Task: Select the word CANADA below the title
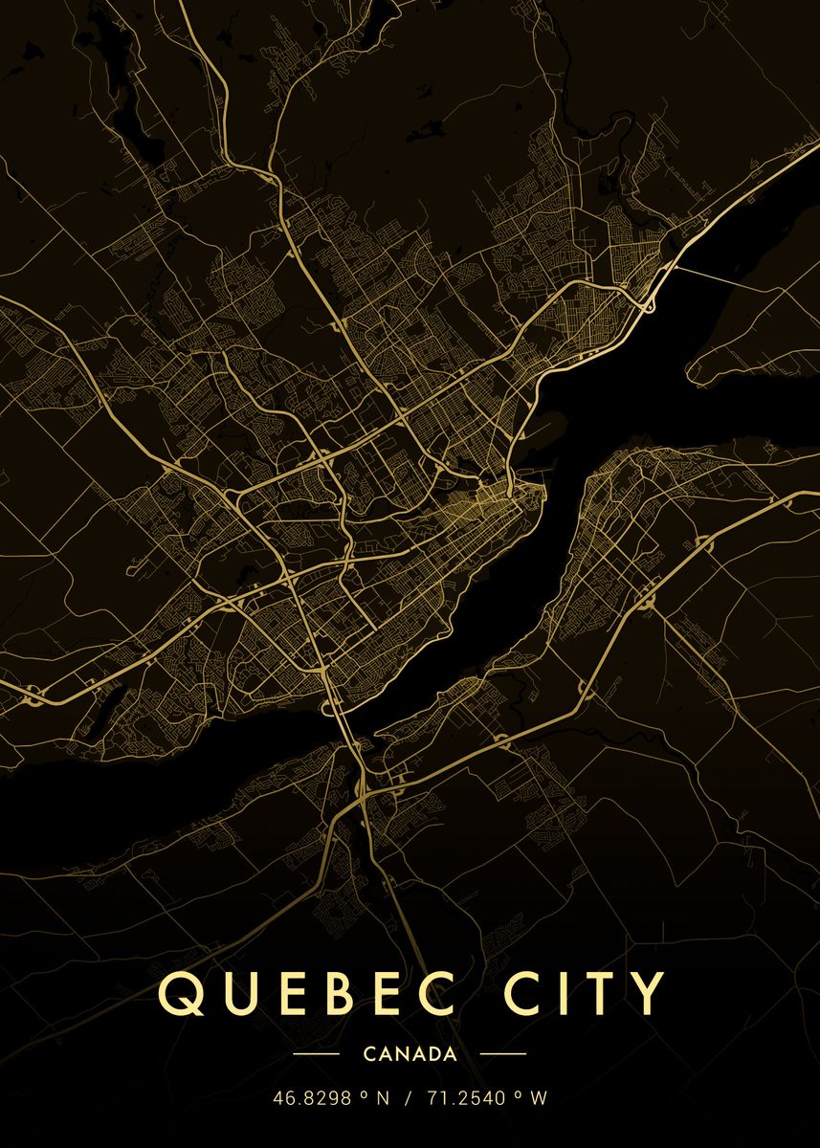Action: click(410, 1054)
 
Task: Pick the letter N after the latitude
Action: click(382, 1098)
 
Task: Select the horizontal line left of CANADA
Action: click(316, 1054)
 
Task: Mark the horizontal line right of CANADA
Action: click(502, 1054)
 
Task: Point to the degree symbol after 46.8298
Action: click(364, 1095)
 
